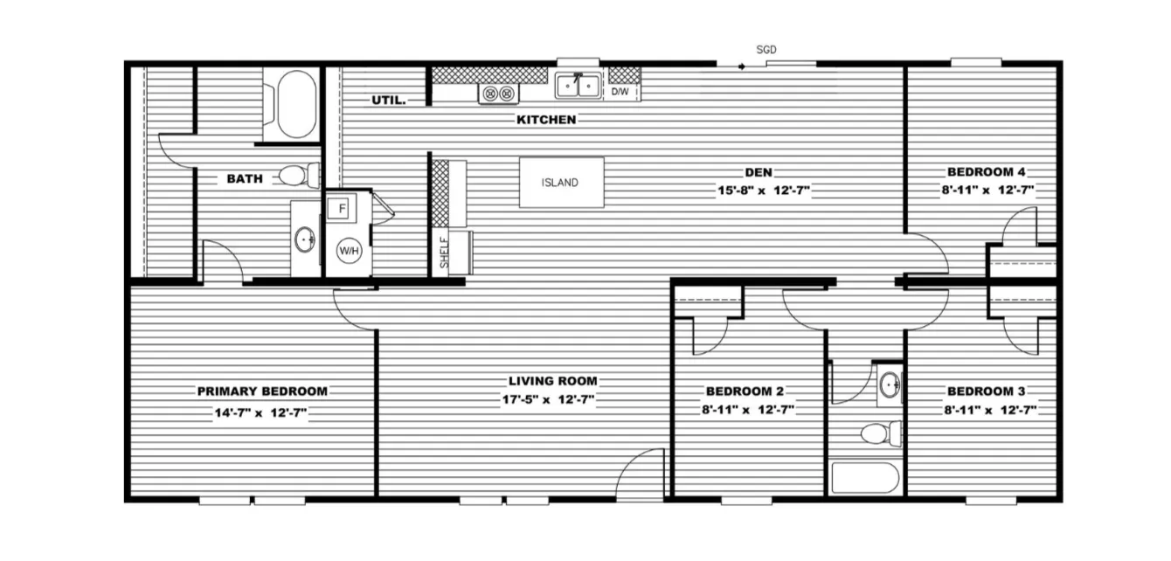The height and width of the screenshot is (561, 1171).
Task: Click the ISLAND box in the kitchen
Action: pyautogui.click(x=561, y=183)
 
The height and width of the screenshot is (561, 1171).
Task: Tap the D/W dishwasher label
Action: pyautogui.click(x=620, y=91)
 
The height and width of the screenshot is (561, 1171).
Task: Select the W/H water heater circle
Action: pyautogui.click(x=349, y=251)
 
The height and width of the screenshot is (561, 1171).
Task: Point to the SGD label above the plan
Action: pyautogui.click(x=766, y=51)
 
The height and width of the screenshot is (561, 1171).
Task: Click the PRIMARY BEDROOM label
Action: pyautogui.click(x=262, y=391)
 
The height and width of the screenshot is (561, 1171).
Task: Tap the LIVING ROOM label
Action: pyautogui.click(x=553, y=381)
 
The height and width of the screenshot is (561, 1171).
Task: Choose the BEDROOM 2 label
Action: pyautogui.click(x=749, y=391)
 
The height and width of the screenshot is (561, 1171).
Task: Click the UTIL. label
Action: pyautogui.click(x=389, y=100)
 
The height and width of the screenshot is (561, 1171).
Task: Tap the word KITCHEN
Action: pyautogui.click(x=546, y=120)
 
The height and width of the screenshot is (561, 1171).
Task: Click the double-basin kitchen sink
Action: pyautogui.click(x=578, y=87)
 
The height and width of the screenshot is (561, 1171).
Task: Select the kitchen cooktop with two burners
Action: pyautogui.click(x=499, y=93)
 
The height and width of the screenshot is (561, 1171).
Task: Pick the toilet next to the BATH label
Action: pyautogui.click(x=295, y=176)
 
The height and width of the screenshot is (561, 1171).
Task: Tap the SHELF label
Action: pyautogui.click(x=444, y=252)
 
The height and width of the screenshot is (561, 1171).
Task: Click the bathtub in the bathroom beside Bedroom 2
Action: pyautogui.click(x=864, y=479)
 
